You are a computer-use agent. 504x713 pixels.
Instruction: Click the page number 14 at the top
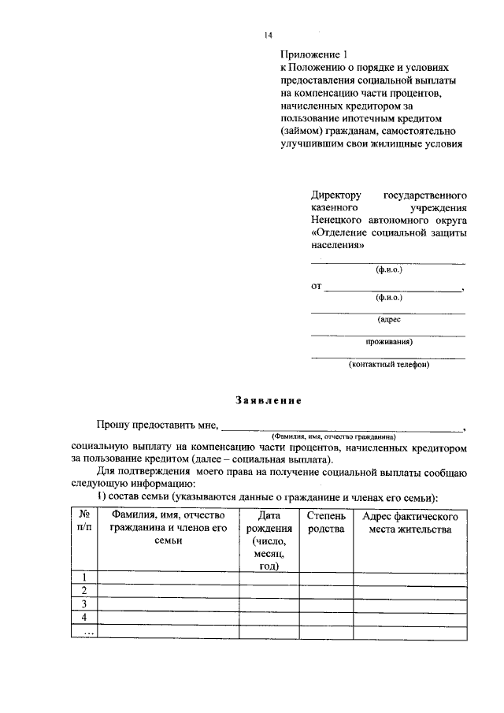[x=268, y=36]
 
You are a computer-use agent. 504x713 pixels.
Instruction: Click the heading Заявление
[x=269, y=400]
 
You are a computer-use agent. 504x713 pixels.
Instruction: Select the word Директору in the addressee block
[x=335, y=195]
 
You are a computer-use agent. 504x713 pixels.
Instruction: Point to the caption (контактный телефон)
[x=388, y=364]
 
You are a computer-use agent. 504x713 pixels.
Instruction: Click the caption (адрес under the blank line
[x=389, y=320]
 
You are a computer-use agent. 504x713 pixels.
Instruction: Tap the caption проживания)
[x=389, y=342]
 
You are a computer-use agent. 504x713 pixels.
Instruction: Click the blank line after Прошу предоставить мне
[x=343, y=427]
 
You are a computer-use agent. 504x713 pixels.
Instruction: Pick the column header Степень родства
[x=326, y=522]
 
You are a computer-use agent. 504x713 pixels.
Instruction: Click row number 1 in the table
[x=84, y=577]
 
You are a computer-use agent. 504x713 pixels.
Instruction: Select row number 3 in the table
[x=84, y=604]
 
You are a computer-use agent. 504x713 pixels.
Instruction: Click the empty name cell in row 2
[x=168, y=591]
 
